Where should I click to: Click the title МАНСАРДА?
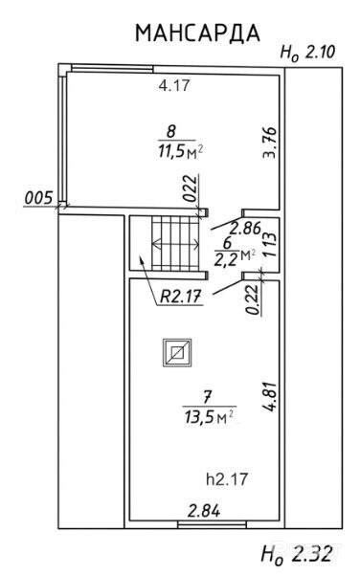point(198,33)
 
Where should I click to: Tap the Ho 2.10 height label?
point(307,53)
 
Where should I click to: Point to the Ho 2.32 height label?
point(296,553)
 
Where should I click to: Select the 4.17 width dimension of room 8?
point(174,85)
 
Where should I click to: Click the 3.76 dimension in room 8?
point(269,142)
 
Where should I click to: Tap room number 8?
point(171,131)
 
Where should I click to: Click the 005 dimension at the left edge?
point(38,198)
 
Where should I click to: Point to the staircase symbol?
point(176,244)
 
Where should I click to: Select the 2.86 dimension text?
point(245,228)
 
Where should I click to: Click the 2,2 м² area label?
point(235,255)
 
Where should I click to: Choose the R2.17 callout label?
point(181,297)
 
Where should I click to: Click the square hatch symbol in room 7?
point(178,352)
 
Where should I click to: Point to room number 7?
point(208,396)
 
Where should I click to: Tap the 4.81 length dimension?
point(269,397)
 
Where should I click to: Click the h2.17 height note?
point(227,479)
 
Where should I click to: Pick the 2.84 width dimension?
point(204,511)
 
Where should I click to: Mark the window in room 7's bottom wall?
point(212,525)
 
